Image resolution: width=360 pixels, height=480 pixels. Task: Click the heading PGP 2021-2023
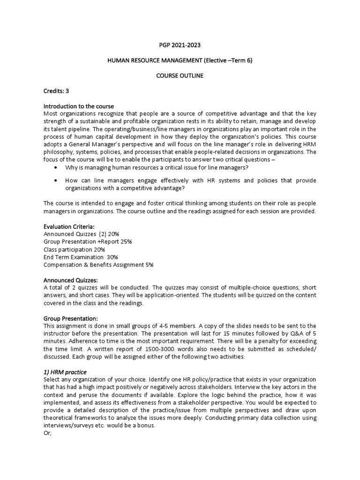coord(180,45)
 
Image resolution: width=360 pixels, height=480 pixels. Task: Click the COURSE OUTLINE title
coord(180,75)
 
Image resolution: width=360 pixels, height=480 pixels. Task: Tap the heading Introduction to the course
coord(79,106)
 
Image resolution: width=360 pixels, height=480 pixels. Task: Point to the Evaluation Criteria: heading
coord(69,226)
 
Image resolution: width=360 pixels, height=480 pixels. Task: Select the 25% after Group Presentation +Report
coord(125,241)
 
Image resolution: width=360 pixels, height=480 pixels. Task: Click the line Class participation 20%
coord(74,249)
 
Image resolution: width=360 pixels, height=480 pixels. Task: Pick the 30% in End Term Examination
coord(112,257)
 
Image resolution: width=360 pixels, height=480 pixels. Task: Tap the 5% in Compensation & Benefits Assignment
coord(149,264)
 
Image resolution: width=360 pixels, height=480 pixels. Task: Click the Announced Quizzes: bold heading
coord(71,280)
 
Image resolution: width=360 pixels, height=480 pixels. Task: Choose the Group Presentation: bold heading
coord(70,318)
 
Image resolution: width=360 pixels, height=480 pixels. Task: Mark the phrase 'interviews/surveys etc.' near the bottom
coord(78,425)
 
